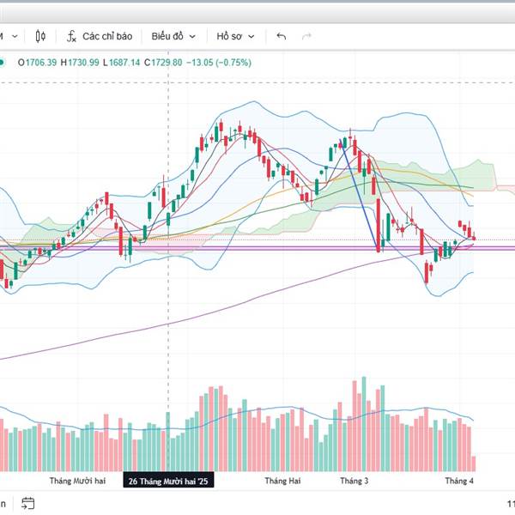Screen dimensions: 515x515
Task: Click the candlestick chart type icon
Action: tap(40, 36)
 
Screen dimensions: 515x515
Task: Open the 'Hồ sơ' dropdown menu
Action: tap(235, 36)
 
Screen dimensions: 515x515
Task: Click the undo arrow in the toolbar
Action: tap(281, 36)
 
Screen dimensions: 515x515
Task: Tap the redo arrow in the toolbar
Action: tap(306, 36)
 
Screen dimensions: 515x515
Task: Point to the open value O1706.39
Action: tap(33, 62)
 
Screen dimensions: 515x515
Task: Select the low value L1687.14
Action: tap(122, 62)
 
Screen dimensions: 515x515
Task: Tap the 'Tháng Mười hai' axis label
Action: tap(77, 482)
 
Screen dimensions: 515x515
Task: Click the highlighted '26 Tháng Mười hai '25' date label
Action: tap(168, 482)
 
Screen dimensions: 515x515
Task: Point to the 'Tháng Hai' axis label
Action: tap(283, 482)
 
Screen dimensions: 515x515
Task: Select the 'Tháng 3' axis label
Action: tap(354, 482)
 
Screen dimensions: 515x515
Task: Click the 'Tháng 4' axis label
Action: tap(458, 482)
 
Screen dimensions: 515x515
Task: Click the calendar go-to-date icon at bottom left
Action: tap(27, 503)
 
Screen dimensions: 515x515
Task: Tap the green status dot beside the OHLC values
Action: tap(3, 62)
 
